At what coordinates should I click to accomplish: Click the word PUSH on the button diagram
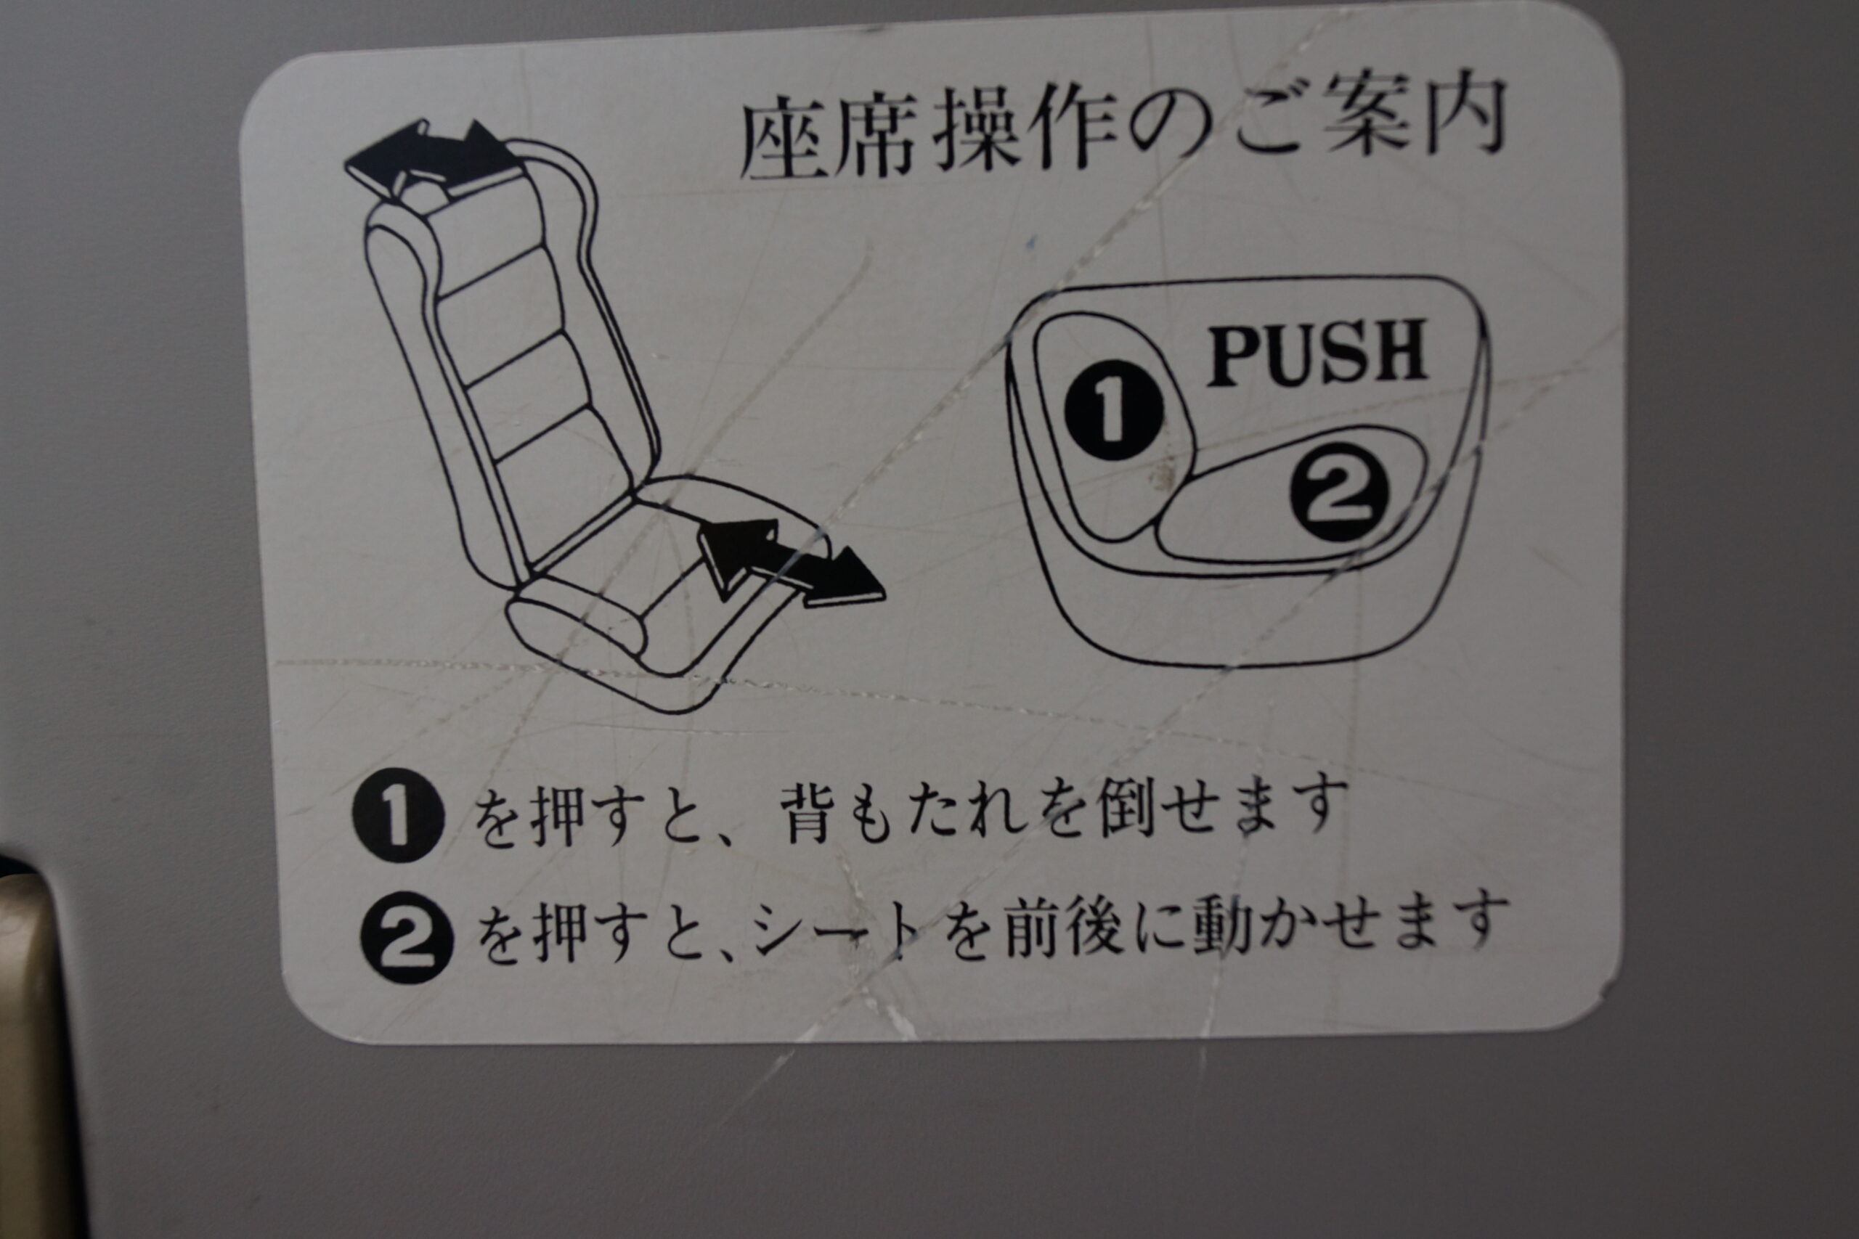click(1316, 353)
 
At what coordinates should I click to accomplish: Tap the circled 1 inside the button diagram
click(1114, 410)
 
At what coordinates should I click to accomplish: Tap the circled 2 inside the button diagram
click(1340, 491)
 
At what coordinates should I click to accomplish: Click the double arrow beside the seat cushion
click(790, 563)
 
